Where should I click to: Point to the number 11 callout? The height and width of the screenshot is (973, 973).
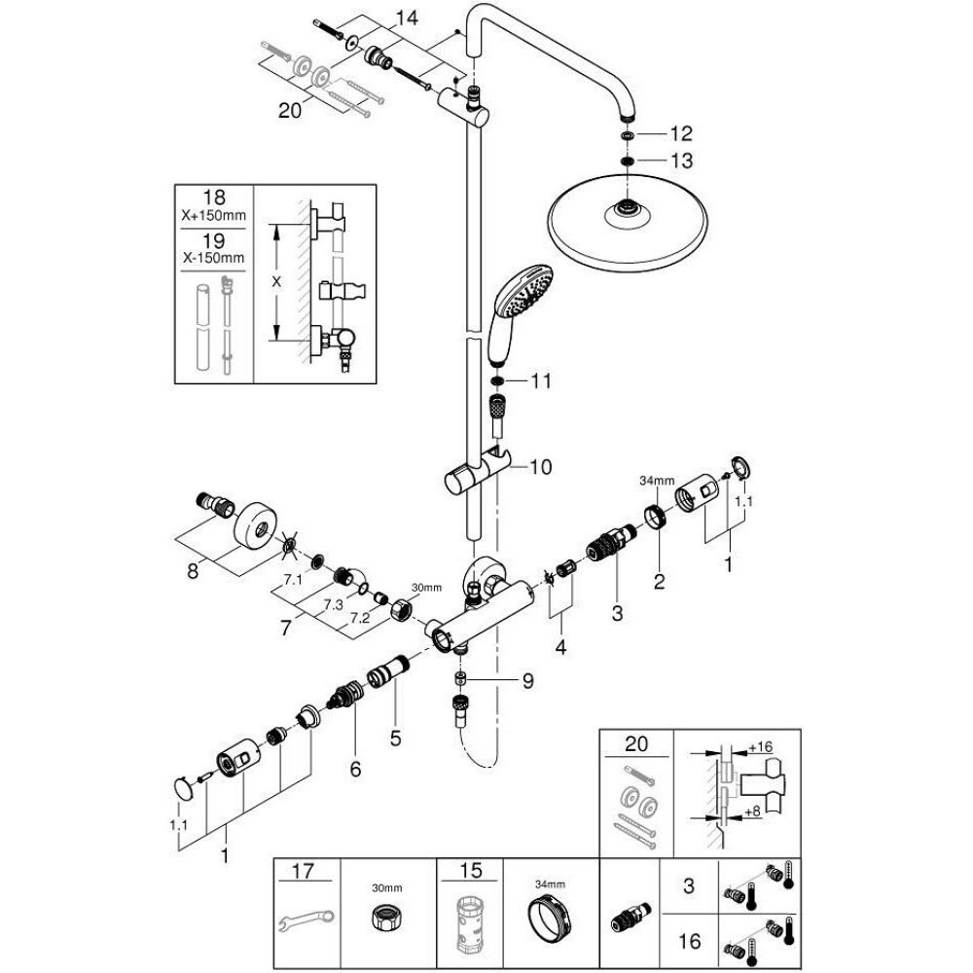541,381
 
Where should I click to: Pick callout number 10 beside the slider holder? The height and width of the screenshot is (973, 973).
541,467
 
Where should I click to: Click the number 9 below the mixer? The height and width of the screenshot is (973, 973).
526,682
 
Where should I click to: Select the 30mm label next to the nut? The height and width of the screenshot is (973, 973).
425,588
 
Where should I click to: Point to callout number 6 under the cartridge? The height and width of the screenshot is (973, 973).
355,770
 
